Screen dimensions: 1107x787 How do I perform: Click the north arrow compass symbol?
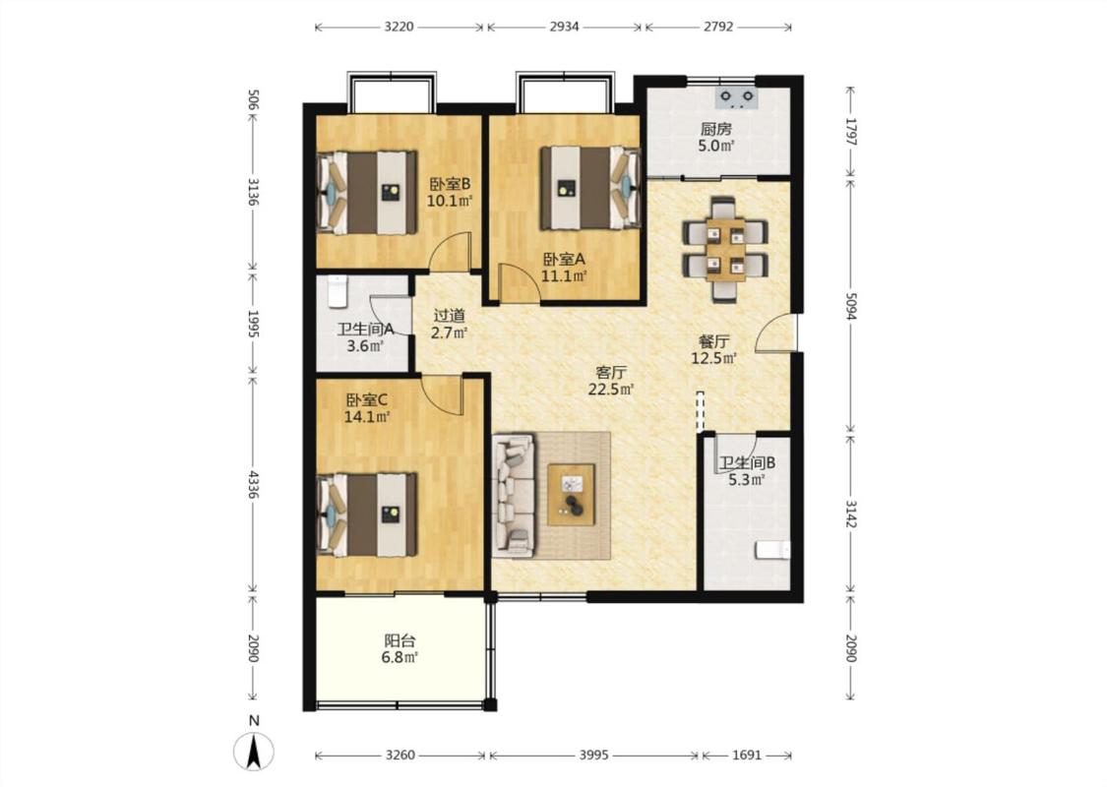click(254, 751)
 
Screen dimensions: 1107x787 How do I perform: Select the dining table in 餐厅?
click(725, 250)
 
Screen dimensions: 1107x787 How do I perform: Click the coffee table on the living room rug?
click(571, 494)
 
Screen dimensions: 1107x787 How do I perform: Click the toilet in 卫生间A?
click(338, 291)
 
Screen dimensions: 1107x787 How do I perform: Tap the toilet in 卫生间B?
click(772, 550)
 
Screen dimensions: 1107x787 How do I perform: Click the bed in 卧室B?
click(367, 191)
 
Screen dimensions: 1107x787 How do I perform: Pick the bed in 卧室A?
click(590, 188)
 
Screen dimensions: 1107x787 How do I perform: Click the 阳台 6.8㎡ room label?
click(400, 649)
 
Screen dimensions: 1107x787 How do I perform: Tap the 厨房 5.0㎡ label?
click(716, 138)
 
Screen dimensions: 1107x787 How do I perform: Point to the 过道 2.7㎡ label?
click(449, 324)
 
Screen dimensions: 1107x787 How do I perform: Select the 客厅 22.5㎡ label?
click(611, 381)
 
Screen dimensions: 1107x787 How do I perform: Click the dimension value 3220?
click(399, 27)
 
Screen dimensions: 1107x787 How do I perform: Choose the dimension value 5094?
click(851, 307)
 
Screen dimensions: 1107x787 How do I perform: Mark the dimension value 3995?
click(593, 755)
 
